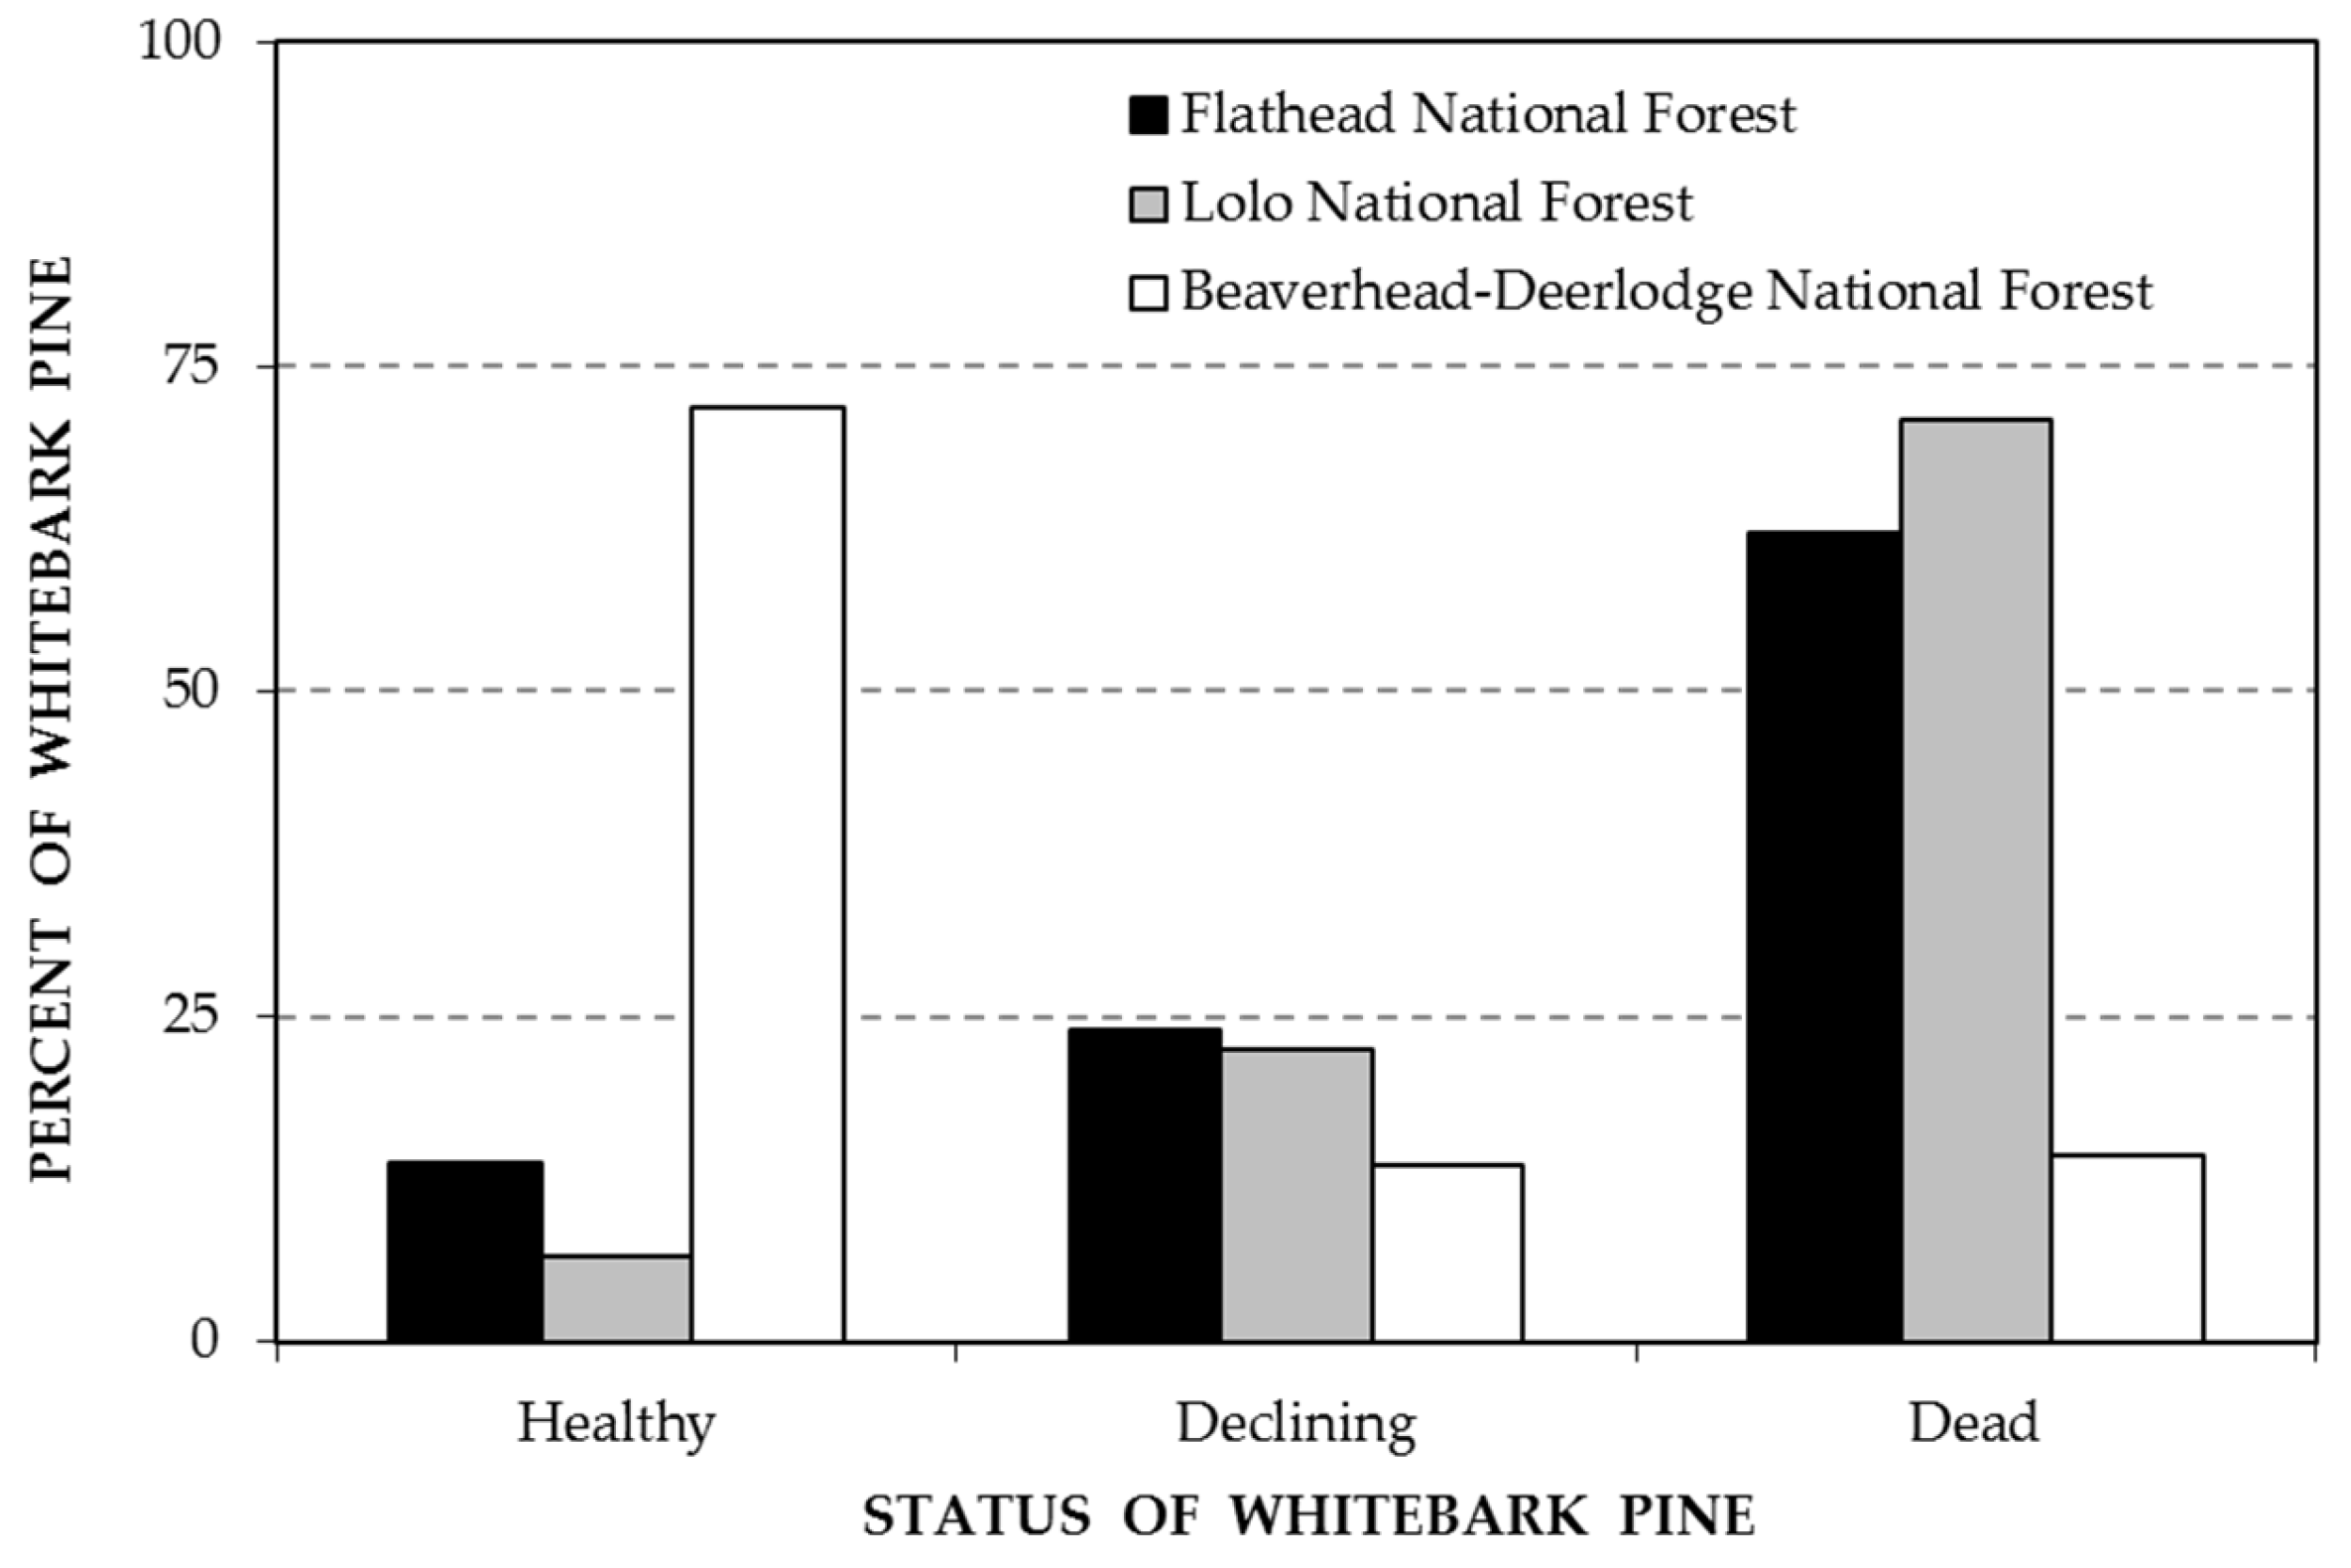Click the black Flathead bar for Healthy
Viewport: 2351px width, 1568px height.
click(x=465, y=1250)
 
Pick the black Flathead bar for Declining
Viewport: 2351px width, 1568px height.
click(x=1145, y=1184)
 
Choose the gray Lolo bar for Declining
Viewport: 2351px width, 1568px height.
click(x=1297, y=1194)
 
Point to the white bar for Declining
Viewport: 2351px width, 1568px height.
click(x=1447, y=1252)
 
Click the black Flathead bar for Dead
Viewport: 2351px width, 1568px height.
click(x=1824, y=935)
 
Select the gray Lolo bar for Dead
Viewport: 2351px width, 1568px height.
click(x=1976, y=879)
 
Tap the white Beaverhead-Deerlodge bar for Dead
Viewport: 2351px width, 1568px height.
click(x=2127, y=1247)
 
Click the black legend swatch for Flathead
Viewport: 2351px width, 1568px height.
click(x=1149, y=115)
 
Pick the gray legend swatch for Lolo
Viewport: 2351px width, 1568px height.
click(x=1149, y=204)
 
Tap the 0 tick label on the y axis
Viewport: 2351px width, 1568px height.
click(x=205, y=1340)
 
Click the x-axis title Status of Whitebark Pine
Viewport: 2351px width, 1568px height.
click(x=1309, y=1515)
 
